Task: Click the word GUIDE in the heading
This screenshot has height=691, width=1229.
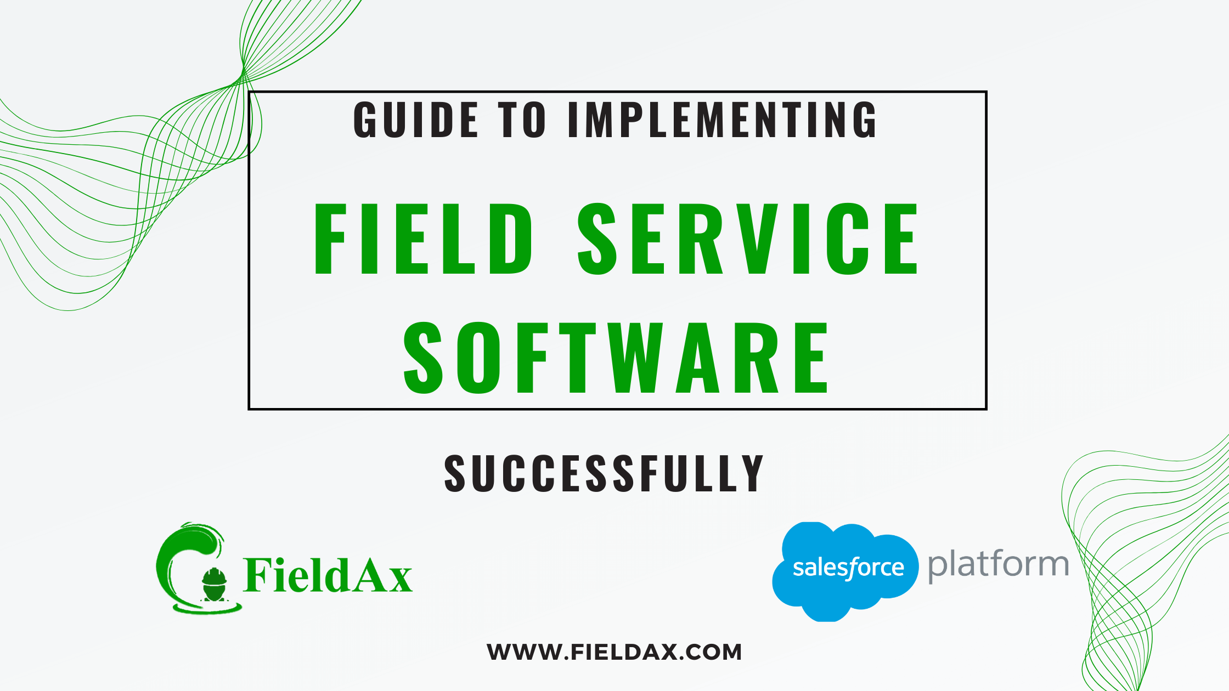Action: pyautogui.click(x=415, y=120)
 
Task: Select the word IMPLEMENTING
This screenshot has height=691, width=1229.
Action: pyautogui.click(x=722, y=120)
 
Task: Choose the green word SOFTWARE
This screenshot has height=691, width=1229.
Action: pyautogui.click(x=616, y=358)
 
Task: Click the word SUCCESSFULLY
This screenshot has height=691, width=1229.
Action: pyautogui.click(x=604, y=473)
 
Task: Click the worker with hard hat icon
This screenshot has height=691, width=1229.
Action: pyautogui.click(x=214, y=584)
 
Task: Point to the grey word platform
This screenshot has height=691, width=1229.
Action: pyautogui.click(x=998, y=565)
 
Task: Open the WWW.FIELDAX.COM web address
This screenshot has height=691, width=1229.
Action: pyautogui.click(x=614, y=652)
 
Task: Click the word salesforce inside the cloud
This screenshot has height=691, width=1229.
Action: pyautogui.click(x=848, y=568)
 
